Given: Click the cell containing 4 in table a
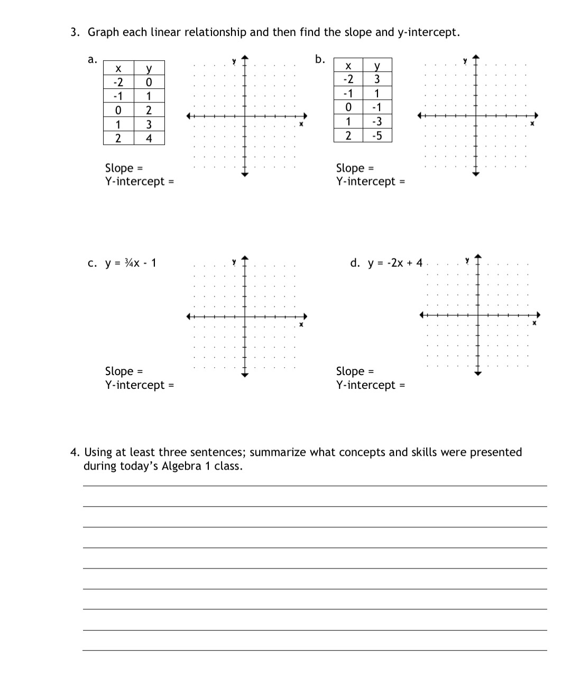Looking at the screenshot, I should (149, 138).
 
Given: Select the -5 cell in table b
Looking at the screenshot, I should (376, 135).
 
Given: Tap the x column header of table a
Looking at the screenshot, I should (118, 68).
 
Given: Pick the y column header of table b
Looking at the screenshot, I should (376, 66).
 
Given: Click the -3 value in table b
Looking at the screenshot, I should (376, 122).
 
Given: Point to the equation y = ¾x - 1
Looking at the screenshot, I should (131, 263).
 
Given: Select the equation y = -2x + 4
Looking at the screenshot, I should (395, 263).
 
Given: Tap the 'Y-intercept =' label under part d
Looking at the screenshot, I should (371, 385).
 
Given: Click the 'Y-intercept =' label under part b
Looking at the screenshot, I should (371, 181).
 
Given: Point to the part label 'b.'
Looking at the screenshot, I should (320, 59).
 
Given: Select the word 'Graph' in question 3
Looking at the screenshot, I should (103, 32).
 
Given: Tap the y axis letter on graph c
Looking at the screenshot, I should (234, 262).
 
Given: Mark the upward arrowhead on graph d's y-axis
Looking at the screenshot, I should (478, 257).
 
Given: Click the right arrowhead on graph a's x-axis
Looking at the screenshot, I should (305, 116).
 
